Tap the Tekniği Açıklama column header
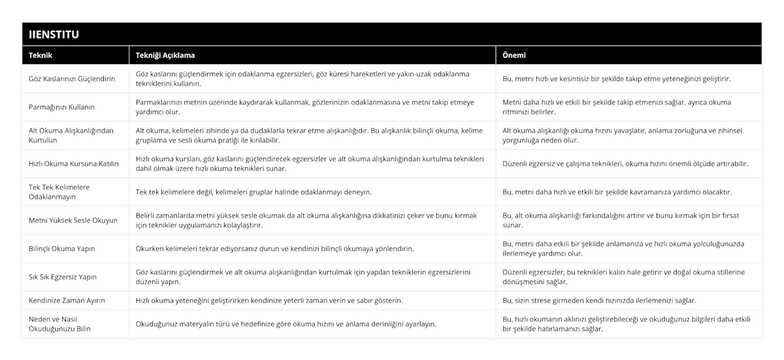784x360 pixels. tap(165, 56)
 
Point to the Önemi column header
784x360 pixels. tap(514, 56)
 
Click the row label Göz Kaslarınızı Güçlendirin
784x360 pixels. tap(72, 79)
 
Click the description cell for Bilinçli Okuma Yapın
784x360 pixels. tap(274, 249)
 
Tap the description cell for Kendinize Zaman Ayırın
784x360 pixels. tap(269, 301)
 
